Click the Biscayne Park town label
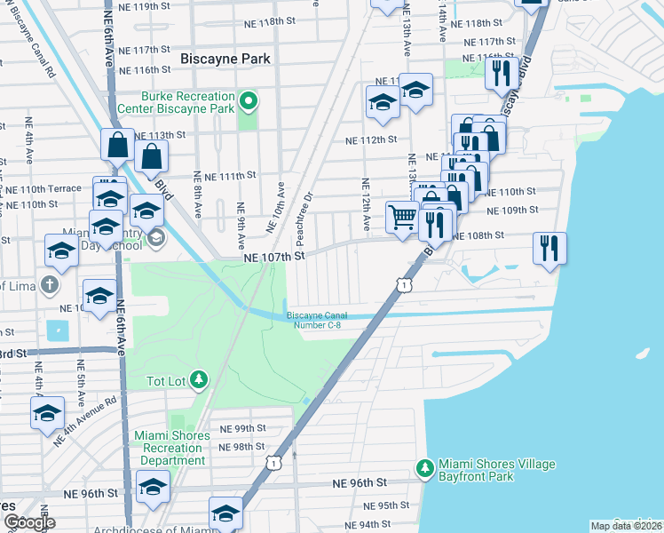[x=225, y=59]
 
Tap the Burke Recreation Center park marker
[x=249, y=102]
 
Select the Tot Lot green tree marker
[x=200, y=381]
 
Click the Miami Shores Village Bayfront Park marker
[x=426, y=467]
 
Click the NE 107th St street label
[x=275, y=256]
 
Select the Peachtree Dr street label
[x=304, y=219]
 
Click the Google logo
[x=29, y=522]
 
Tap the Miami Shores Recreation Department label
[x=172, y=448]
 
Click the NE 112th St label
[x=366, y=140]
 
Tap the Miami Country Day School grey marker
[x=155, y=238]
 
